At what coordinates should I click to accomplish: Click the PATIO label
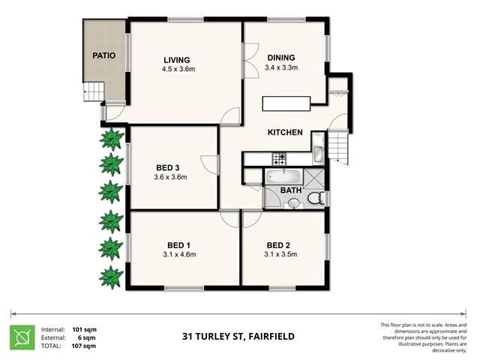(103, 55)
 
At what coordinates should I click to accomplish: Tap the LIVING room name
(177, 60)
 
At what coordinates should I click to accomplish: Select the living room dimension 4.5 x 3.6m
(177, 70)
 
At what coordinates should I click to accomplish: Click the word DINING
(281, 57)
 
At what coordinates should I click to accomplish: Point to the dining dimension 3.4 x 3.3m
(281, 67)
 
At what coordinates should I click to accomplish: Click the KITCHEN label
(285, 133)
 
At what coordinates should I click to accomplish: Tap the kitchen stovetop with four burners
(279, 159)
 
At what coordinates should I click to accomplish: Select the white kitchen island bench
(286, 103)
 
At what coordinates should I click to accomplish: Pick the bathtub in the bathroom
(282, 177)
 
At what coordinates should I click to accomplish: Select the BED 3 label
(167, 167)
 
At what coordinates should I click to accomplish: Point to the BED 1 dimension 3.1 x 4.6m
(178, 255)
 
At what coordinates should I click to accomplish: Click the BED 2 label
(278, 245)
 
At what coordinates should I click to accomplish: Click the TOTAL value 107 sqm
(83, 346)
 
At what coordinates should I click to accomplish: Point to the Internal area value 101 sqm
(83, 328)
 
